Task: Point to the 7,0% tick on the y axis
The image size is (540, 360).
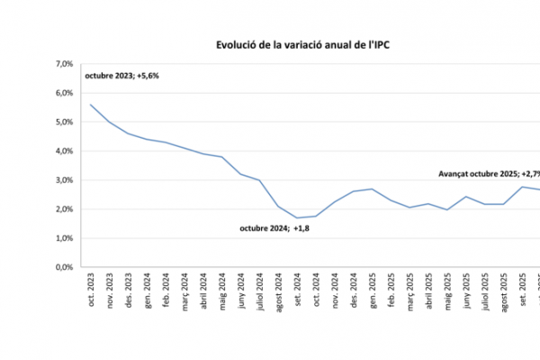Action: click(x=65, y=64)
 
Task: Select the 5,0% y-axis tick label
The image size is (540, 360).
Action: click(x=65, y=122)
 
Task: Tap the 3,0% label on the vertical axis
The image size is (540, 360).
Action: click(x=65, y=180)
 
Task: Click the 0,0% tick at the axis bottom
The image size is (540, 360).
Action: click(x=65, y=267)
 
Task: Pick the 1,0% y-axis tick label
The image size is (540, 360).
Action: click(x=65, y=238)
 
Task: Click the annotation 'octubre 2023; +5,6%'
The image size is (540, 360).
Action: click(x=121, y=77)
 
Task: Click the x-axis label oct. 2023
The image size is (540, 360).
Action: click(x=91, y=292)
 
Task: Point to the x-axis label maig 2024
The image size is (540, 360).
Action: click(x=221, y=293)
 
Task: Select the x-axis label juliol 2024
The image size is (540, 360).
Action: click(x=259, y=294)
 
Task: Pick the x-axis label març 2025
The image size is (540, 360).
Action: click(x=409, y=293)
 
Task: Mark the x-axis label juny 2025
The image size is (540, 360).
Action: click(x=466, y=293)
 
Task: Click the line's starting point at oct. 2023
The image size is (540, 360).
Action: click(x=91, y=104)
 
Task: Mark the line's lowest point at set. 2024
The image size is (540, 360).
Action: click(x=297, y=218)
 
